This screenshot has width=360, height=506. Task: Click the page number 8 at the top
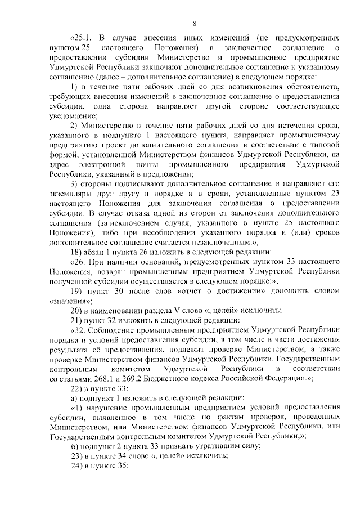point(194,24)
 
